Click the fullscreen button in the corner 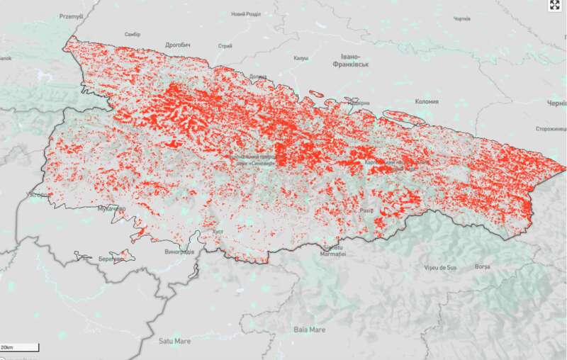[x=555, y=6]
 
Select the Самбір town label [x=133, y=34]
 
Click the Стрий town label [x=225, y=46]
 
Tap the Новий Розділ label [x=247, y=14]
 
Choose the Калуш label [x=301, y=58]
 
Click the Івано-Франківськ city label [x=351, y=60]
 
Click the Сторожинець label [x=550, y=128]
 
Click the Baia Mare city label [x=310, y=330]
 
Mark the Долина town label [x=258, y=76]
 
